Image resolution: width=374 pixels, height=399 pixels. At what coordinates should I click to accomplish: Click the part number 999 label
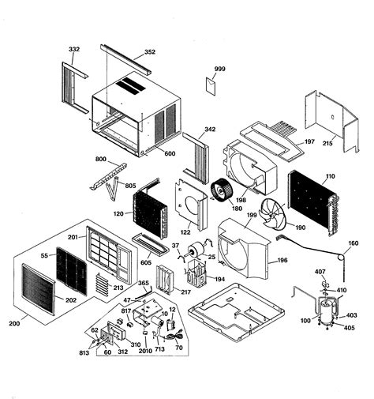[219, 70]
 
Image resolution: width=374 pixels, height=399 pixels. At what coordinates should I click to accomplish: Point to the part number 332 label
[74, 49]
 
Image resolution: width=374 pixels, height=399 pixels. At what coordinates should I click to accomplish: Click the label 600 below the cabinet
[170, 153]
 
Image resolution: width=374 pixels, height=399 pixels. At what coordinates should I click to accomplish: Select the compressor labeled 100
[324, 309]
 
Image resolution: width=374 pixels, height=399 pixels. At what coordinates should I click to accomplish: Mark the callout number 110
[329, 178]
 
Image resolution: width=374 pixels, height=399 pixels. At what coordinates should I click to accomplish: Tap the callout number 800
[101, 160]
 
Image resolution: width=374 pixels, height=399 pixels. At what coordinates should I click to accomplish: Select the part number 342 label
[210, 129]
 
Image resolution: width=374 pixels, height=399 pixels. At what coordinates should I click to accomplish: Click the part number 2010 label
[145, 352]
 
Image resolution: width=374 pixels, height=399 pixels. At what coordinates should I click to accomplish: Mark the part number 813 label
[83, 354]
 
